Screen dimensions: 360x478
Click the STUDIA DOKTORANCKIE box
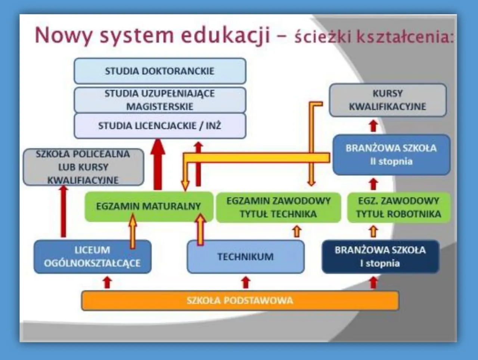click(x=160, y=71)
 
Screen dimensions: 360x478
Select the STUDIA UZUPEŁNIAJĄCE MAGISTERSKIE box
click(x=160, y=100)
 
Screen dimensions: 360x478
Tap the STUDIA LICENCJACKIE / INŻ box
click(x=160, y=126)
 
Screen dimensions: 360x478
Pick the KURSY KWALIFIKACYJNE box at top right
click(x=388, y=100)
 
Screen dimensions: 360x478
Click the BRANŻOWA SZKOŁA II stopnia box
click(x=391, y=155)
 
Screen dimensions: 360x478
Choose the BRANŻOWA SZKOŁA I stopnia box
click(x=380, y=257)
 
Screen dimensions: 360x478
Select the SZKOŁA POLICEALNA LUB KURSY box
click(x=83, y=167)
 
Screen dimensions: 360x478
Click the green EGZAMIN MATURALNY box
click(x=148, y=206)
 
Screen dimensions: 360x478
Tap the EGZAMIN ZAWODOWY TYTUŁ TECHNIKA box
click(x=278, y=207)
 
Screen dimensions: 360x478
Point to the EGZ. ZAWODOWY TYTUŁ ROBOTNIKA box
click(x=398, y=207)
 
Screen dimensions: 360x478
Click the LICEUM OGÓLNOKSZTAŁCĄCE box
click(x=92, y=257)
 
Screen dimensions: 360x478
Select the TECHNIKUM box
click(x=245, y=257)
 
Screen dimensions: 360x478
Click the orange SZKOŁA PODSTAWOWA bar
click(x=240, y=300)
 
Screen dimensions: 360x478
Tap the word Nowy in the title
click(x=63, y=36)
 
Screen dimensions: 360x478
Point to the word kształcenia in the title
click(x=405, y=37)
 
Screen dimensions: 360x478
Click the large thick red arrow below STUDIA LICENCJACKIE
click(x=158, y=164)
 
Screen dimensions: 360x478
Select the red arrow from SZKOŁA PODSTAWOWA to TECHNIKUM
click(x=245, y=282)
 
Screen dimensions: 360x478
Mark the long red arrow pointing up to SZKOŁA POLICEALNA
click(x=63, y=211)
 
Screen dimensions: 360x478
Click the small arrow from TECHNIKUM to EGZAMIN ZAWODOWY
click(x=297, y=231)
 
